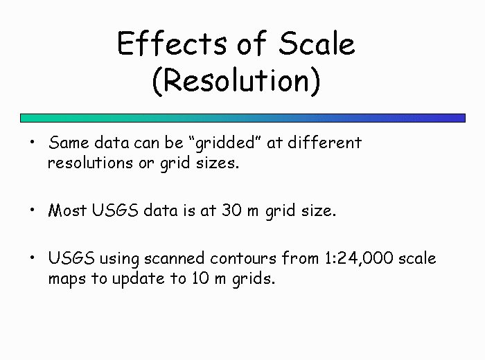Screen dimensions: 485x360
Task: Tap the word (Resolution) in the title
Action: coord(236,80)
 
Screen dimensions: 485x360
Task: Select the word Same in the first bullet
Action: coord(69,143)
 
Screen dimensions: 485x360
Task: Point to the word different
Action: coord(324,143)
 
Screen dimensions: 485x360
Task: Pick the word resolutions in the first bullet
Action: coord(90,163)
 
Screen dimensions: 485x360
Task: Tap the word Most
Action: coord(67,210)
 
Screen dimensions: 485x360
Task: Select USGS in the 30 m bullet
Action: coord(115,210)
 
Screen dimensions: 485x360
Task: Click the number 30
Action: coord(231,210)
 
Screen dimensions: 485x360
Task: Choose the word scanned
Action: coord(175,258)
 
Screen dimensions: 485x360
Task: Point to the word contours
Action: coord(243,258)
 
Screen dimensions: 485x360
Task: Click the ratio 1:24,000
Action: coord(359,258)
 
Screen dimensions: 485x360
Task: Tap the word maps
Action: coord(67,280)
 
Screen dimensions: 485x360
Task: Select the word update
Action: coord(139,279)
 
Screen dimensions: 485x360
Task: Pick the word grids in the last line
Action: coord(254,279)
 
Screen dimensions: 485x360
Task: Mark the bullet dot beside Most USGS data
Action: coord(32,210)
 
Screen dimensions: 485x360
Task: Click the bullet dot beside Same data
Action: coord(32,142)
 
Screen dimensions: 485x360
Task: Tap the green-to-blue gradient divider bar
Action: coord(242,118)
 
